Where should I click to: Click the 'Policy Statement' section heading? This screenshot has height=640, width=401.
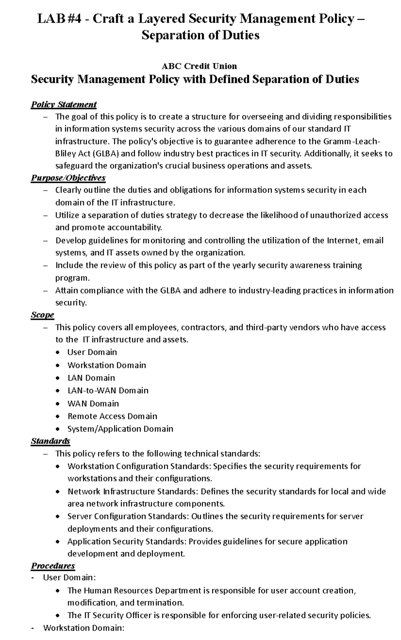pyautogui.click(x=63, y=105)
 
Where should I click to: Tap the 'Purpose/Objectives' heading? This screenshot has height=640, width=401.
pyautogui.click(x=68, y=177)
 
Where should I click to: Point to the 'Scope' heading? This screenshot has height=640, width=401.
pyautogui.click(x=42, y=315)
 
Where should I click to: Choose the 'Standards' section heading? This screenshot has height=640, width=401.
pyautogui.click(x=50, y=441)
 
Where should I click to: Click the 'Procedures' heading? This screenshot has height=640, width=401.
pyautogui.click(x=53, y=566)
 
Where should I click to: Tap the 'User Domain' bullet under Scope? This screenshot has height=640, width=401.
pyautogui.click(x=92, y=352)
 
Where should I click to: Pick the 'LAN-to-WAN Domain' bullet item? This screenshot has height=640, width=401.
pyautogui.click(x=108, y=390)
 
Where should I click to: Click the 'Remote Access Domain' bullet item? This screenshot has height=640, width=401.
pyautogui.click(x=112, y=416)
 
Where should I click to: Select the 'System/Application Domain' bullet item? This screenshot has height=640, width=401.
pyautogui.click(x=120, y=429)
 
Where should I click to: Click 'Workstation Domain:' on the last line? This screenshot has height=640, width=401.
pyautogui.click(x=84, y=628)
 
